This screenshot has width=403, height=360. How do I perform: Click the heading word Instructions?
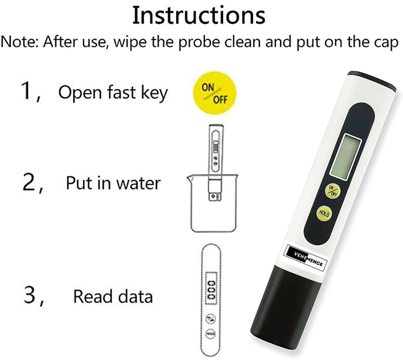(x=199, y=16)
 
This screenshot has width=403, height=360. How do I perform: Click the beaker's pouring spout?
(x=189, y=177)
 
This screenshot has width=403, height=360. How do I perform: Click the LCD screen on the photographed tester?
(x=345, y=157)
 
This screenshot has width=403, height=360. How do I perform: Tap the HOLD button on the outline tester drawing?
(x=211, y=334)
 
